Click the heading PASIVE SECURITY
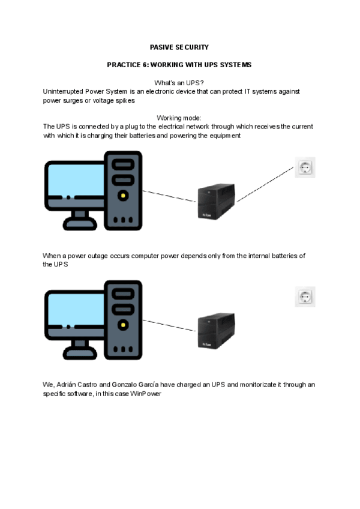point(179,47)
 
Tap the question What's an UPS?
point(179,83)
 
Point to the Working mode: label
point(179,118)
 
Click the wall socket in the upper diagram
point(305,167)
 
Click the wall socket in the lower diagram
point(305,297)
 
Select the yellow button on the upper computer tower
point(123,195)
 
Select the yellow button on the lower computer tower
point(123,325)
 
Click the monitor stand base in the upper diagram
point(76,225)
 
